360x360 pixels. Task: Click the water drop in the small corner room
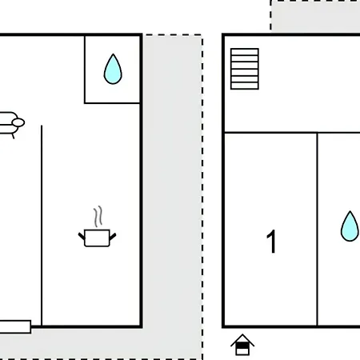[x=113, y=70]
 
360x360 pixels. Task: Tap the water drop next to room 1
[x=350, y=226]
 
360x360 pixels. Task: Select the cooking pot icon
[x=97, y=238]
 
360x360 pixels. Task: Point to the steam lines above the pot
[x=98, y=216]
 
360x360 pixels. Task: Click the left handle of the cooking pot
[x=82, y=236]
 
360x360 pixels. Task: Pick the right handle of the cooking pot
[x=113, y=236]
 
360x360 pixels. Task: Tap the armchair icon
[x=10, y=125]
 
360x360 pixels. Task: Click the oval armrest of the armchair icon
[x=18, y=122]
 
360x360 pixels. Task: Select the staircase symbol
[x=245, y=69]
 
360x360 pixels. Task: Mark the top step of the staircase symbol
[x=245, y=52]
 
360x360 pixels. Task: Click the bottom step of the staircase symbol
[x=245, y=86]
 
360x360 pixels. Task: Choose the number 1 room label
[x=271, y=242]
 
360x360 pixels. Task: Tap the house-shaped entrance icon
[x=242, y=345]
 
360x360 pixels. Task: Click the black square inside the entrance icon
[x=242, y=346]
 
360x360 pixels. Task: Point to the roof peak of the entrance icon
[x=242, y=334]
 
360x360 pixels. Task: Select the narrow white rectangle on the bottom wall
[x=15, y=327]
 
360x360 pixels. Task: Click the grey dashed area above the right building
[x=315, y=16]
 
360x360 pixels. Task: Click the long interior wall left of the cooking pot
[x=42, y=226]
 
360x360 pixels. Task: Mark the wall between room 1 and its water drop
[x=318, y=230]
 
